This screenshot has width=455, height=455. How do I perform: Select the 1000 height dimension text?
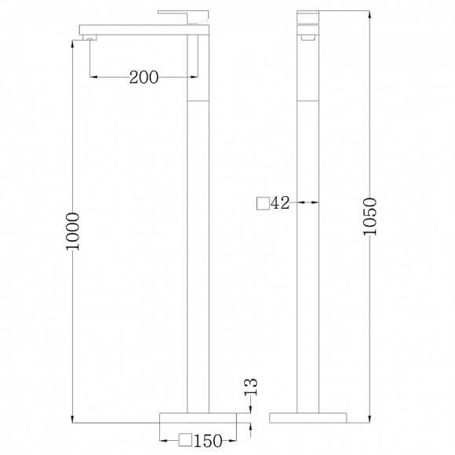coord(72,230)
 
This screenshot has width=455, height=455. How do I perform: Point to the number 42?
coord(280,203)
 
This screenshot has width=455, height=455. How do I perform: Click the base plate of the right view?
coord(309,417)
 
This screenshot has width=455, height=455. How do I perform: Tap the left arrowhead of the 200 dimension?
coord(95,76)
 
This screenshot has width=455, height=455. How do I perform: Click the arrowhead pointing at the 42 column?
coord(316,203)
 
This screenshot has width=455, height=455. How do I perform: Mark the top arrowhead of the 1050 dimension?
coord(369,14)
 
